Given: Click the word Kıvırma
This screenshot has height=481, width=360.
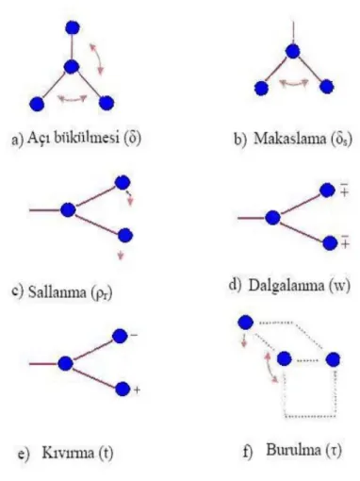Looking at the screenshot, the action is coord(69,453).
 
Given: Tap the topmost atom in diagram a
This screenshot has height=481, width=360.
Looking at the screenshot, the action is coord(73,27).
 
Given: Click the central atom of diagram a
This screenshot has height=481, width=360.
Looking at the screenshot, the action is coord(71,67).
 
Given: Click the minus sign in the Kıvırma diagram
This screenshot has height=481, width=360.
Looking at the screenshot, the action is coord(134,335).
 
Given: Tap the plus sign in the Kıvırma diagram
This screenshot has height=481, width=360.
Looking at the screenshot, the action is coord(137,390).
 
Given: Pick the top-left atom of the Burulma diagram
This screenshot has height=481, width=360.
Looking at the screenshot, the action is coord(246,323).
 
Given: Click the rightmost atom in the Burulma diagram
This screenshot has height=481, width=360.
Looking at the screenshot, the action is coord(333,359).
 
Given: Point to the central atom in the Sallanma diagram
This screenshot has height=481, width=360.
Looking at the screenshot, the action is coord(68,209).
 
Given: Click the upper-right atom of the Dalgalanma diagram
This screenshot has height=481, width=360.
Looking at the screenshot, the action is coord(327,191).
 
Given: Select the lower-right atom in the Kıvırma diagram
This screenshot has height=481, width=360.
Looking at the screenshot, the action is coord(123,390).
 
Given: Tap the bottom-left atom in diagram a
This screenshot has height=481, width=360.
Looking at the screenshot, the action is coord(37,104).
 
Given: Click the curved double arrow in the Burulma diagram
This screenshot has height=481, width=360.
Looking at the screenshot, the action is coord(270,368).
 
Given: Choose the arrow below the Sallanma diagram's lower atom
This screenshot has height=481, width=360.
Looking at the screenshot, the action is coord(121,256).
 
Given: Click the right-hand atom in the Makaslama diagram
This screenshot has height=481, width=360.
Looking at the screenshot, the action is coord(327,87).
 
